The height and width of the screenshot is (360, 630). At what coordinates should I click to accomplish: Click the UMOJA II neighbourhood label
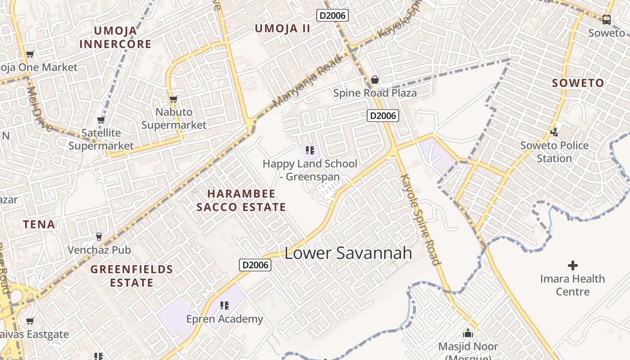point(283,29)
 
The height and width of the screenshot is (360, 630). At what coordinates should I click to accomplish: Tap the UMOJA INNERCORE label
point(115,37)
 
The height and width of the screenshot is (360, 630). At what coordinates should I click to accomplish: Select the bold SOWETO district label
point(578,83)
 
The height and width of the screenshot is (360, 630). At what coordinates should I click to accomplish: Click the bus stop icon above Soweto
point(607,19)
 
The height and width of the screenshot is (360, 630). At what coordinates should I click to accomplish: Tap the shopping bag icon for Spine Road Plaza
point(374,80)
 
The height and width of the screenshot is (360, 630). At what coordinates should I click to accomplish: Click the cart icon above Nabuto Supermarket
point(173,99)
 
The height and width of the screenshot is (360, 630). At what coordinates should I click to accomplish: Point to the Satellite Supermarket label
point(101,139)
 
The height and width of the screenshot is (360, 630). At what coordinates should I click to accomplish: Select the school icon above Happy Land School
point(310,150)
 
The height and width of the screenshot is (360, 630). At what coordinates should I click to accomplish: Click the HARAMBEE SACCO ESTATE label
point(241,200)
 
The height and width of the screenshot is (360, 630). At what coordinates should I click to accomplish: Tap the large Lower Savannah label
point(348,253)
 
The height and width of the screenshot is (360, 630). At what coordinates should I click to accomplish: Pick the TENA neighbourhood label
point(39,224)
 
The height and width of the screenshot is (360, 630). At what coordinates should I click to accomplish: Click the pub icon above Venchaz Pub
point(99,236)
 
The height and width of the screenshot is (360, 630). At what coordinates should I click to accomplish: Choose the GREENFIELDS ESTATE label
point(132,276)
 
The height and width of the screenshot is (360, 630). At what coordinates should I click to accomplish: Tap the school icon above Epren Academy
point(225,306)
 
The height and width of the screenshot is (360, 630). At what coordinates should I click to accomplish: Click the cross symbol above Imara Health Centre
point(572,265)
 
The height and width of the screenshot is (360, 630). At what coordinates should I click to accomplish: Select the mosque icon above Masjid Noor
point(468,333)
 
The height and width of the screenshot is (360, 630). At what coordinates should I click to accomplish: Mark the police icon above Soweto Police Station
point(554,132)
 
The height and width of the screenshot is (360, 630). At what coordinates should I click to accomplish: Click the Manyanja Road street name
point(307,81)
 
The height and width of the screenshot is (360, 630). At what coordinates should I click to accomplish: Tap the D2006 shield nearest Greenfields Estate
point(255,265)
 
